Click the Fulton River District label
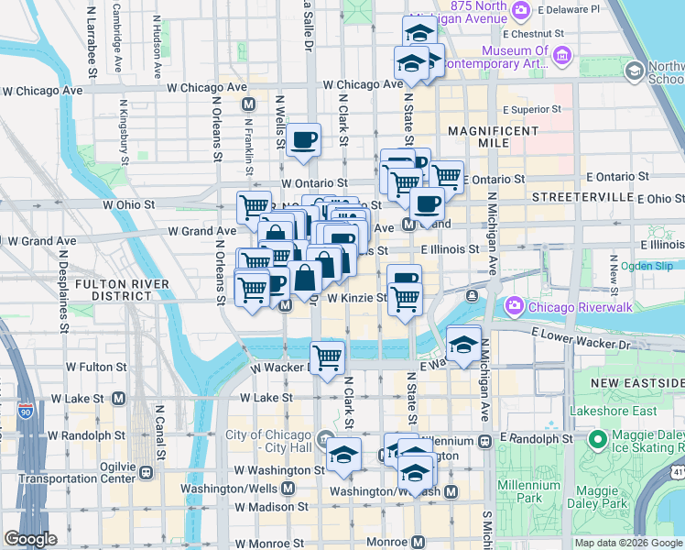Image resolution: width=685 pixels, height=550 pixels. pyautogui.click(x=113, y=290)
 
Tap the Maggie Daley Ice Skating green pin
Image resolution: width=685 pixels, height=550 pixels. pyautogui.click(x=598, y=441)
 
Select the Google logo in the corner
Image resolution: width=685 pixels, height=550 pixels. pyautogui.click(x=30, y=539)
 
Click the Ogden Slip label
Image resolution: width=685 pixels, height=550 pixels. pyautogui.click(x=646, y=266)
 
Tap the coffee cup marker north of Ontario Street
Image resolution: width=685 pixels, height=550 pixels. pyautogui.click(x=303, y=140)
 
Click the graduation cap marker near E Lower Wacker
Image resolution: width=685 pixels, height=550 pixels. pyautogui.click(x=463, y=344)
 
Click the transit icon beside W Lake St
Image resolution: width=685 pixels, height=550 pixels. pyautogui.click(x=118, y=399)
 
